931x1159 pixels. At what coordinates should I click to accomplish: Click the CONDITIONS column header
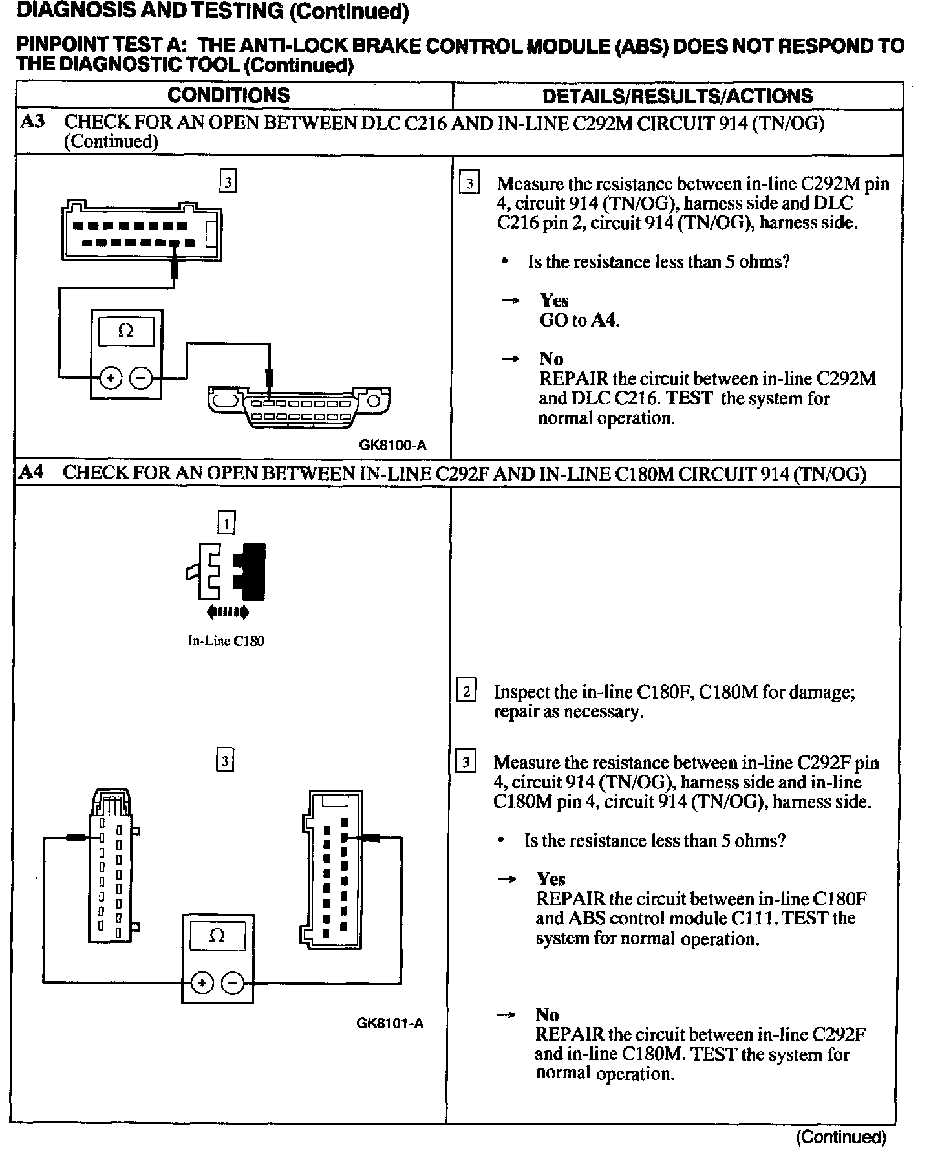(228, 96)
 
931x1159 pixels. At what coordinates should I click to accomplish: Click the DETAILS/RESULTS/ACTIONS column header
(677, 96)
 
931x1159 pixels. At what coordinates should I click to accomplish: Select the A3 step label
(32, 122)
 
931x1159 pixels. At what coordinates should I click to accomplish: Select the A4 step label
(31, 472)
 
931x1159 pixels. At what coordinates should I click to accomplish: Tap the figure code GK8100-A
(392, 445)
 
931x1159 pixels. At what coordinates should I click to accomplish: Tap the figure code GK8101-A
(390, 1023)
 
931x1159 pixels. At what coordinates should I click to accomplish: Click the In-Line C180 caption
(226, 641)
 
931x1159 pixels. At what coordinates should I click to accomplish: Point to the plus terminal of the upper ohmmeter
(111, 378)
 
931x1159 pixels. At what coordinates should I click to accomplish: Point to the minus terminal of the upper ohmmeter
(142, 378)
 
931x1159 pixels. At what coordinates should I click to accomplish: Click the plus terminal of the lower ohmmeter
(202, 983)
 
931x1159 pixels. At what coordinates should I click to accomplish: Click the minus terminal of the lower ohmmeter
(233, 983)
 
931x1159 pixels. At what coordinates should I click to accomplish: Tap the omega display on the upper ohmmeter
(126, 331)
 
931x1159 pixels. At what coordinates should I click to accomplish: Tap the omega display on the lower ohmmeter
(217, 937)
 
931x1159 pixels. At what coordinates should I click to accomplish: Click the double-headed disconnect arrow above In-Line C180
(227, 611)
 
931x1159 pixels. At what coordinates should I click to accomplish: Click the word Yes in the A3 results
(554, 300)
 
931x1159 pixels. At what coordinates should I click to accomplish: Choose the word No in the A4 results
(546, 1015)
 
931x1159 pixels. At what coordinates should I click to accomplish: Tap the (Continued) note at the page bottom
(840, 1136)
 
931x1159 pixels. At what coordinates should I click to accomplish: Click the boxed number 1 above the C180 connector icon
(226, 522)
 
